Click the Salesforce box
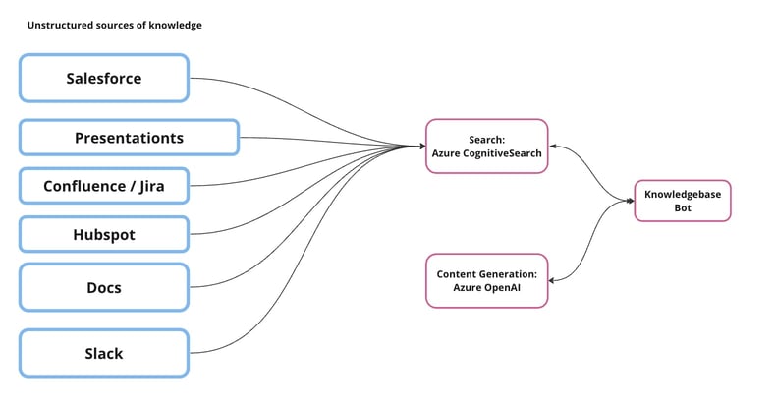tap(103, 79)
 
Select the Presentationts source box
tap(129, 138)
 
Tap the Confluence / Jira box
tap(103, 186)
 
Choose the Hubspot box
tap(103, 234)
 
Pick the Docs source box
tap(103, 287)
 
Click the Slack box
tap(103, 353)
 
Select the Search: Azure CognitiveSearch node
tap(486, 147)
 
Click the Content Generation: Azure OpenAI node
tap(486, 280)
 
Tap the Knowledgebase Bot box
tap(682, 201)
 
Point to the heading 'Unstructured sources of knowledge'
tap(114, 25)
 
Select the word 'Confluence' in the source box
tap(83, 186)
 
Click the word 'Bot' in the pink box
tap(682, 208)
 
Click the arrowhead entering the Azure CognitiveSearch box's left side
tap(420, 147)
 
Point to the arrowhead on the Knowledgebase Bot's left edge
tap(630, 201)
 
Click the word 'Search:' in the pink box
tap(486, 139)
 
